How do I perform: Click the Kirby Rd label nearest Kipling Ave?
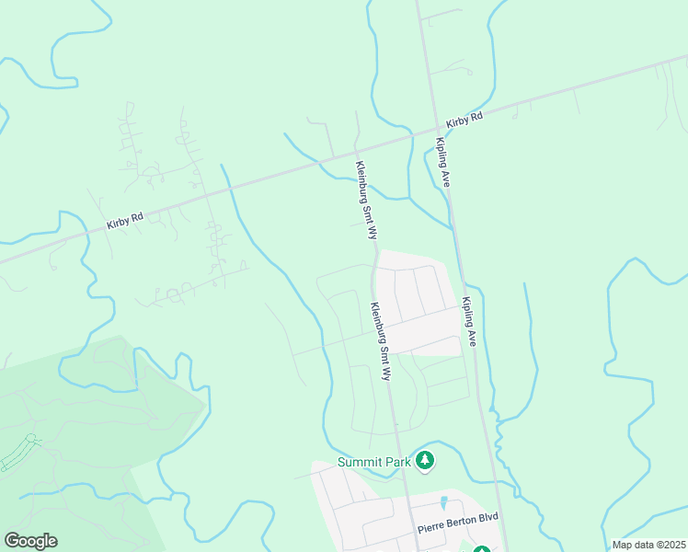click(464, 121)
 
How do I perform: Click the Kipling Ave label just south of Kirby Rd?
click(442, 163)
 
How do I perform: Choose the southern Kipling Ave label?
click(469, 321)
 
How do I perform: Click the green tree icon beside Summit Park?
click(424, 459)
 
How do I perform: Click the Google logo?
click(30, 540)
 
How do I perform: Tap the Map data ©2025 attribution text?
click(648, 545)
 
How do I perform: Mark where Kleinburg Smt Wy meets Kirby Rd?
click(356, 148)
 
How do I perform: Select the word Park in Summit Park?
click(396, 461)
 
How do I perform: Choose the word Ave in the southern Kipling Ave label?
click(472, 337)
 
